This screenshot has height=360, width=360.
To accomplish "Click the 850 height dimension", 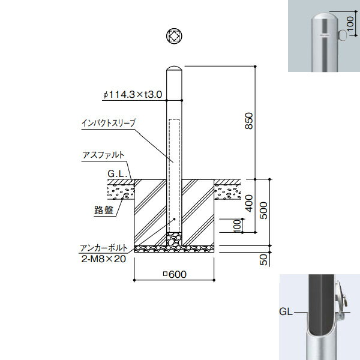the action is pyautogui.click(x=249, y=121).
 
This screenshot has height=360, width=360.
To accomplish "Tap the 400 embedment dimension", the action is pyautogui.click(x=249, y=203).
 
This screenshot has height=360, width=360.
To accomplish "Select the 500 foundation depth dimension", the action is pyautogui.click(x=264, y=211).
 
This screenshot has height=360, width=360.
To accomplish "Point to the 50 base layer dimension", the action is pyautogui.click(x=264, y=260).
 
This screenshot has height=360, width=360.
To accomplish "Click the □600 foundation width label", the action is pyautogui.click(x=175, y=274).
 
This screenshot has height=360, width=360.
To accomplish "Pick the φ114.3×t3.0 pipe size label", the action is pyautogui.click(x=133, y=94).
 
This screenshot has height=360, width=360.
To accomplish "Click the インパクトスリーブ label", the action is pyautogui.click(x=109, y=123).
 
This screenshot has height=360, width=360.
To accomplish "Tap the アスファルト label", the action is pyautogui.click(x=103, y=155).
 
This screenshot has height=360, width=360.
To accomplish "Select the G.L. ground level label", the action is pyautogui.click(x=118, y=173).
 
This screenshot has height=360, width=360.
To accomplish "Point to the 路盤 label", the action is pyautogui.click(x=104, y=210).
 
